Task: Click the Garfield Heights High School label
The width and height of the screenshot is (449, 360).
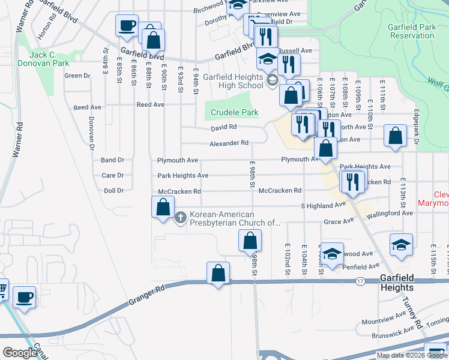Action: click(233, 81)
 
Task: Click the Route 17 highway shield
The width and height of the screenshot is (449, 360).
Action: click(360, 280)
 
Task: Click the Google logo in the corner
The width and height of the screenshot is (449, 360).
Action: click(20, 353)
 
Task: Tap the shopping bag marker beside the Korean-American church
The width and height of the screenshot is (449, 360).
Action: click(163, 207)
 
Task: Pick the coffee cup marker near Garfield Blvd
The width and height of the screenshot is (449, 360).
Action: click(127, 26)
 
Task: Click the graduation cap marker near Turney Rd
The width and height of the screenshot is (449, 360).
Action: click(401, 245)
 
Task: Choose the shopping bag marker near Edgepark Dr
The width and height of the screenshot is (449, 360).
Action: click(395, 136)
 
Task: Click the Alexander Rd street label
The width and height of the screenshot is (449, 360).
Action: click(229, 143)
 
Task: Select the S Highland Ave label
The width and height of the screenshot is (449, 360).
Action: click(324, 205)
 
